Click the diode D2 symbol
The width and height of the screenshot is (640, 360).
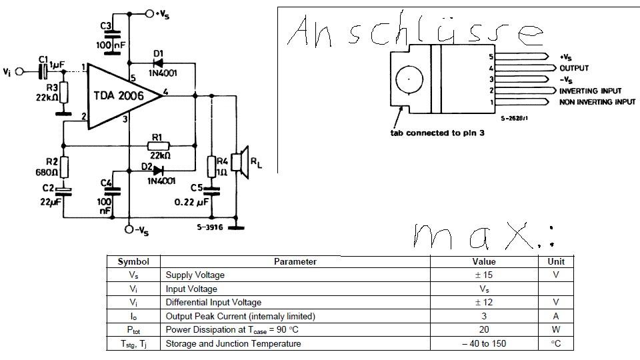point(158,170)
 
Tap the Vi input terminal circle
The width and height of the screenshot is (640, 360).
point(21,71)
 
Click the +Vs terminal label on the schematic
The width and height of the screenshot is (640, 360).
point(162,13)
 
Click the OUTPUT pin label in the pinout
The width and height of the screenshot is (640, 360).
point(574,68)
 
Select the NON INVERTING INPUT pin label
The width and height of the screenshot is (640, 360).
point(597,102)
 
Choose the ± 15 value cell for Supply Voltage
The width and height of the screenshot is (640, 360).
point(483,275)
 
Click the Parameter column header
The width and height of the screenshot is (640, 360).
point(295,262)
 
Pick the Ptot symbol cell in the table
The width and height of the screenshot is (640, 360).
point(133,330)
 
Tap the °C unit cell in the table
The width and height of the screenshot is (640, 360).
point(555,344)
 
